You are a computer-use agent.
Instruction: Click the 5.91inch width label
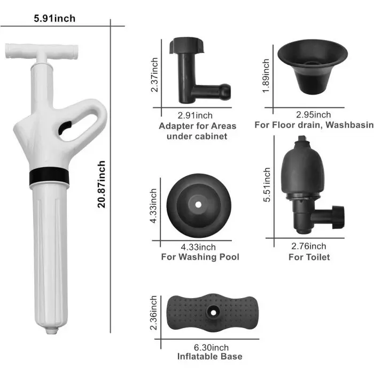(x=54, y=19)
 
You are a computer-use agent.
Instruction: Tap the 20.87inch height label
(x=102, y=184)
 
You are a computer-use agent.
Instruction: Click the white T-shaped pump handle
(x=42, y=52)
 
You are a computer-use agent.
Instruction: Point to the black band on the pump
(x=49, y=176)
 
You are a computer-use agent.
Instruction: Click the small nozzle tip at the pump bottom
(x=52, y=331)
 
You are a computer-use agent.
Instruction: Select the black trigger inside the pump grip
(x=65, y=128)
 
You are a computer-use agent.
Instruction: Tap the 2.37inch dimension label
(x=154, y=75)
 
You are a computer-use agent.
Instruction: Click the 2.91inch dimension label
(x=195, y=115)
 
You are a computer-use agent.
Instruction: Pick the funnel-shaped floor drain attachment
(x=313, y=67)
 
